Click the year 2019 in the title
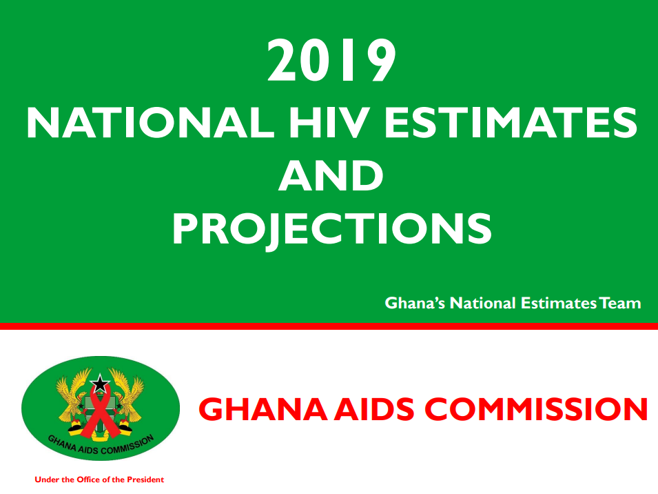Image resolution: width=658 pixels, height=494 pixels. tap(331, 61)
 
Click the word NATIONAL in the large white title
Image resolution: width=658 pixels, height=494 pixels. tap(150, 123)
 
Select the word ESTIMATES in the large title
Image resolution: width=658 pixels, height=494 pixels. tap(511, 123)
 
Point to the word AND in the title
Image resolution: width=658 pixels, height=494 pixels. tap(331, 175)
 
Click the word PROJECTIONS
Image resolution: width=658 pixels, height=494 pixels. tap(331, 228)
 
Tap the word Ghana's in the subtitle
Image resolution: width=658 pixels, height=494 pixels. tap(415, 303)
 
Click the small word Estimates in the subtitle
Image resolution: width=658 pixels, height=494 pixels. tap(559, 303)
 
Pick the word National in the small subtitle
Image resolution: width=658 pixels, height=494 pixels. tap(482, 303)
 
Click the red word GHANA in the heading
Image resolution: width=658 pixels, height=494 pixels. tap(263, 409)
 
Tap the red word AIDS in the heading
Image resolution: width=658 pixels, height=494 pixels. tap(374, 409)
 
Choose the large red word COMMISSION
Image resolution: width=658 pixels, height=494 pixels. tap(537, 409)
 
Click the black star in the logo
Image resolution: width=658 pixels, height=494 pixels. tap(100, 383)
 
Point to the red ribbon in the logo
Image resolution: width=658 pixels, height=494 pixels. tap(100, 412)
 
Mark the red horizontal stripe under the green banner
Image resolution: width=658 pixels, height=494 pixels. tap(329, 326)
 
